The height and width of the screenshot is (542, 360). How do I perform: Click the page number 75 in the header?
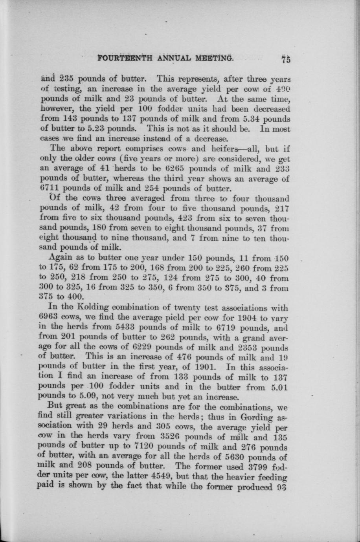coord(285,60)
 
